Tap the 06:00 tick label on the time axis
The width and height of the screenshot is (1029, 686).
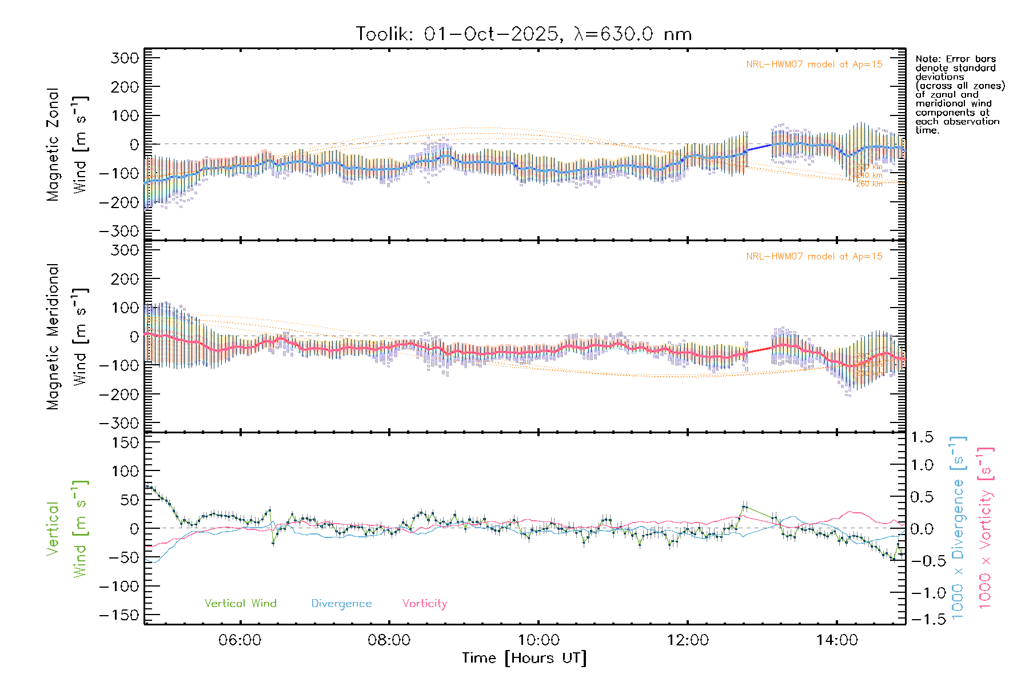[240, 640]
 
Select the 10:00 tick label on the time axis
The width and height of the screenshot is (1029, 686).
[539, 640]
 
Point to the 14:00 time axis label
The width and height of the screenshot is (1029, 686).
[837, 640]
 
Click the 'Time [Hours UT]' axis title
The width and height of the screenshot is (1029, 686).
[524, 658]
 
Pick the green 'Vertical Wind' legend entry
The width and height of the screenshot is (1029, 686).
[240, 604]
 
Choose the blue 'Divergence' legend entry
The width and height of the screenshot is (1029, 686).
[341, 604]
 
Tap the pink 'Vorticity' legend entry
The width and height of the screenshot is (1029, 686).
[424, 604]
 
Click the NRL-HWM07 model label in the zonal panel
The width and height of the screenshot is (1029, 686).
[814, 65]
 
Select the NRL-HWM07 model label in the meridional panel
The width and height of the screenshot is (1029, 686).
[814, 257]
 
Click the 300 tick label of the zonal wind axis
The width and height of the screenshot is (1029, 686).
[125, 58]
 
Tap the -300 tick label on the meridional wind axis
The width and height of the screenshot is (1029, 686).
[119, 423]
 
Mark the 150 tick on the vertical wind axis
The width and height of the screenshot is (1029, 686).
[125, 442]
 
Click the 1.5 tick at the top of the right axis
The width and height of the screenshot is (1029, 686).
[922, 437]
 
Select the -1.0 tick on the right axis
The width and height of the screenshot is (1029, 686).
[922, 593]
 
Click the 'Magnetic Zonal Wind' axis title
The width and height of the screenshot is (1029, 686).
[66, 144]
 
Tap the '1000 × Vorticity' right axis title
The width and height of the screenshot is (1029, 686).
[985, 527]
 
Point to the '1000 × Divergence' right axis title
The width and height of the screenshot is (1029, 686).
[958, 527]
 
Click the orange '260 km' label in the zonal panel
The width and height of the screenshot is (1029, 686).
[869, 184]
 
